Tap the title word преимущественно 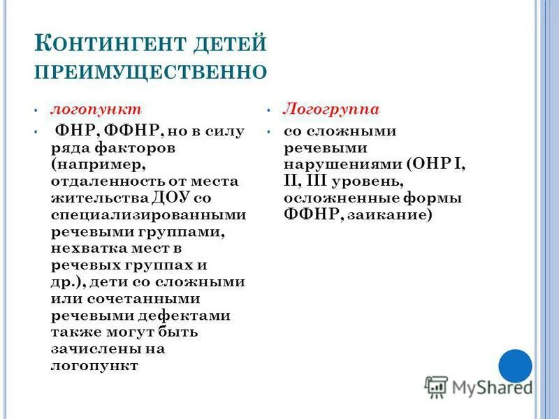click(x=151, y=72)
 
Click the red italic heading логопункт click(x=95, y=110)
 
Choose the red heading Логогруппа click(x=331, y=110)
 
